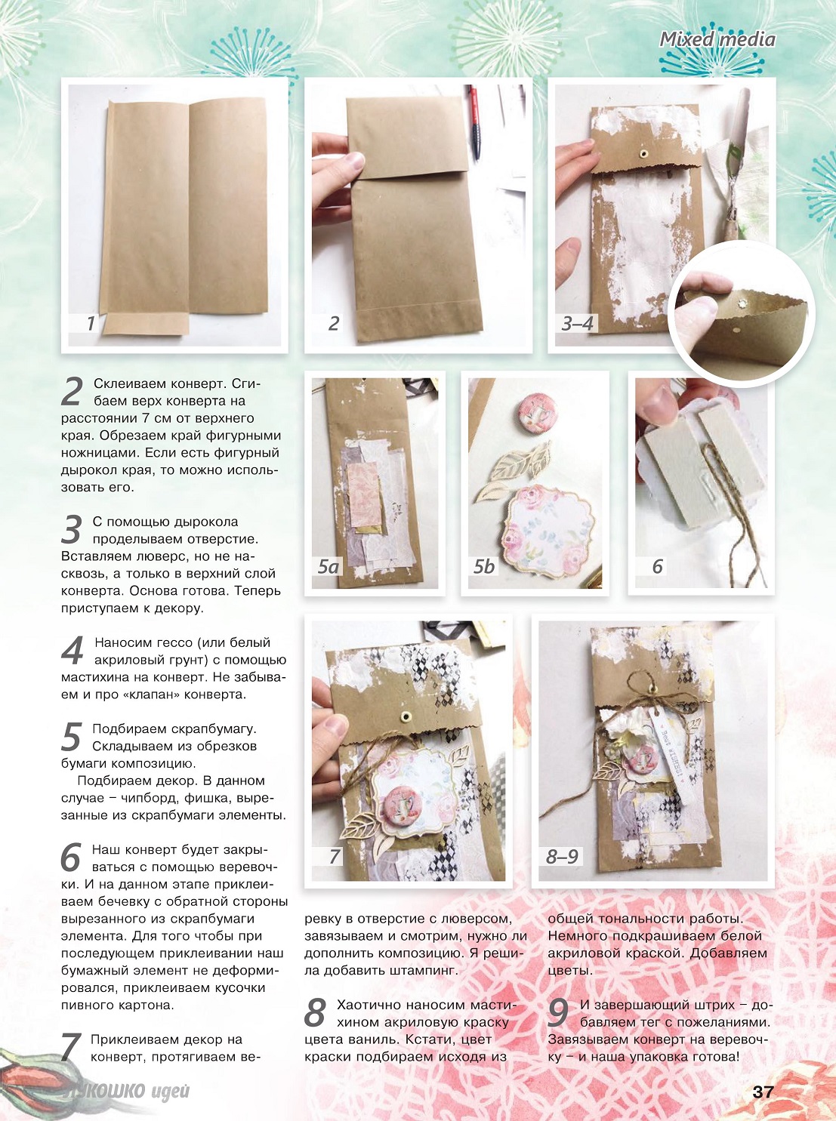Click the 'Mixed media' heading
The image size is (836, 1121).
click(717, 39)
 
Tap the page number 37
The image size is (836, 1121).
click(764, 1093)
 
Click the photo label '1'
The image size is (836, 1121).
click(91, 323)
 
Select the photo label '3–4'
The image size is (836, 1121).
click(577, 323)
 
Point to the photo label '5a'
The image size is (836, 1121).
click(328, 567)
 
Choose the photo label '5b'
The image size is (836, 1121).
click(484, 567)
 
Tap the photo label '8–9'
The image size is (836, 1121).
click(562, 856)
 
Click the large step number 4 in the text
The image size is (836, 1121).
click(72, 651)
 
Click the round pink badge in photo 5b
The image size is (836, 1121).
click(532, 408)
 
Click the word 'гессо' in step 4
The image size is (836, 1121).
click(173, 642)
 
